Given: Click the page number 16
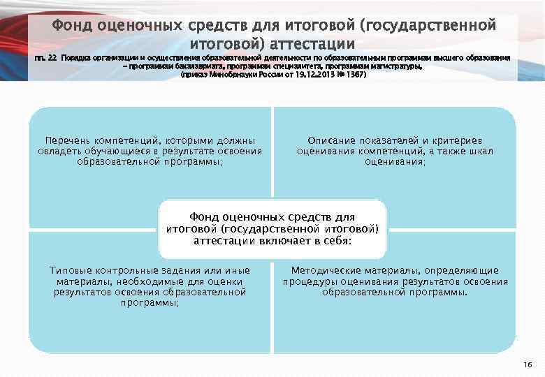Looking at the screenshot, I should tap(528, 364).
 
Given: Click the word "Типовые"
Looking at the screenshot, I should tap(71, 270).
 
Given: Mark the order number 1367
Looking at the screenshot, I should tap(356, 73).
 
